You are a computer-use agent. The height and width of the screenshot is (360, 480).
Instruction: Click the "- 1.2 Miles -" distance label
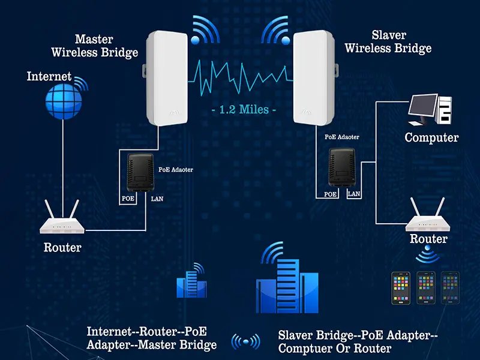pos(244,110)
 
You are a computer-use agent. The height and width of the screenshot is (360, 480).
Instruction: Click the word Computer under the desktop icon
pos(431,137)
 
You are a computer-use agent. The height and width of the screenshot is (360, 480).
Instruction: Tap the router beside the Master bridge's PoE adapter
pos(62,221)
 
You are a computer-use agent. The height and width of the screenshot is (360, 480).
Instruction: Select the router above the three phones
pos(428,220)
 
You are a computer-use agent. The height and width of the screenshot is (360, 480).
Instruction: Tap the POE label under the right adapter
pos(330,194)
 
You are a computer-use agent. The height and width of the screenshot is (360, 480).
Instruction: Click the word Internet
pos(49,77)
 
